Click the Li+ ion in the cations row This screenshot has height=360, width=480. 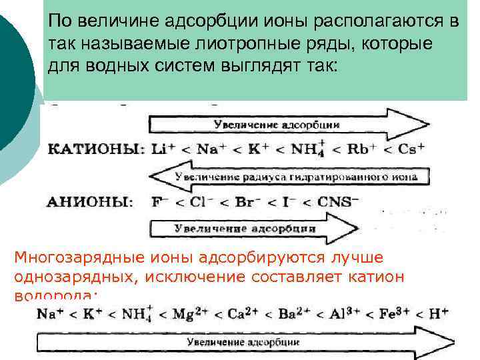[160, 149]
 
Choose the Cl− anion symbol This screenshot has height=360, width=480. [199, 202]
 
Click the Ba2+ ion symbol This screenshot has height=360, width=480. [306, 313]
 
